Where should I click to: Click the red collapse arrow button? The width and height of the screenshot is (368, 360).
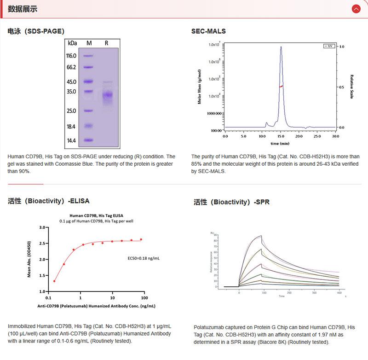(356, 9)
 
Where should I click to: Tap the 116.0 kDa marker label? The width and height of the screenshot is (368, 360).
(71, 56)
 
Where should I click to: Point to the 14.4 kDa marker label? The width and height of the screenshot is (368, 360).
(71, 140)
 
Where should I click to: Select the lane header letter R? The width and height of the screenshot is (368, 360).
(106, 43)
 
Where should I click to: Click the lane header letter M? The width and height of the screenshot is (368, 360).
(89, 43)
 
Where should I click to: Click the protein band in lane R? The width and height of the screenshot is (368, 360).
(107, 95)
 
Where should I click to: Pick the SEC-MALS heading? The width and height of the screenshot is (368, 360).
(208, 31)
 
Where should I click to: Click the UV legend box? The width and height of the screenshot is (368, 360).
(328, 46)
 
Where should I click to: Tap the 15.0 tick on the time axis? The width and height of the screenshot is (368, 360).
(280, 137)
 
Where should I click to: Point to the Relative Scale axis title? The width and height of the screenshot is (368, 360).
(351, 87)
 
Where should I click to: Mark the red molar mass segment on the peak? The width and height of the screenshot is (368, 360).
(281, 86)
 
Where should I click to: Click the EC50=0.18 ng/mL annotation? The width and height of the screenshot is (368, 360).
(144, 258)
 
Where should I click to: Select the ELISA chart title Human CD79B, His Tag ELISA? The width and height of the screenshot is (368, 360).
(97, 215)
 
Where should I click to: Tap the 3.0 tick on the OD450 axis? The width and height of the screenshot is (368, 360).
(44, 227)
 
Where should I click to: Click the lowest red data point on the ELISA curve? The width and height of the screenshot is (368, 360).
(55, 281)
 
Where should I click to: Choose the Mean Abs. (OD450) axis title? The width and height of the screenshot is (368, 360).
(30, 259)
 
